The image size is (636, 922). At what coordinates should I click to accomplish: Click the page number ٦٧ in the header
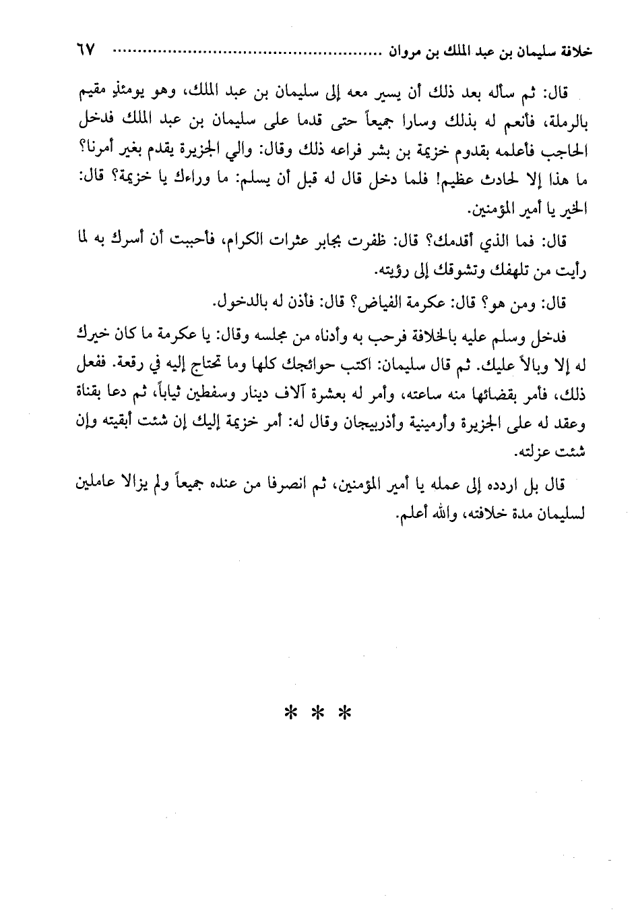coord(85,51)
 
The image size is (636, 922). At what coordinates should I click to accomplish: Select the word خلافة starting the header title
coord(571,52)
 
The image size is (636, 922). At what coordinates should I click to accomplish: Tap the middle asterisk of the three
coord(317,713)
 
